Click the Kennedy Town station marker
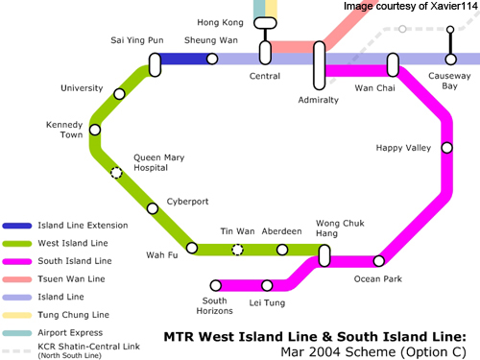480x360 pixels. [95, 130]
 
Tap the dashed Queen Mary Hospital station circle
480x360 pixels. [116, 173]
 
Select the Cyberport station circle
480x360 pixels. [153, 208]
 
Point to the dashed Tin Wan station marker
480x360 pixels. [237, 250]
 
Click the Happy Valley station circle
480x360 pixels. [447, 148]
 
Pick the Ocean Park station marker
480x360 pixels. [379, 261]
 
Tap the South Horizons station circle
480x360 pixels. [216, 285]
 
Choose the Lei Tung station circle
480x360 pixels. [267, 285]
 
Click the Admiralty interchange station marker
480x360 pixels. [320, 65]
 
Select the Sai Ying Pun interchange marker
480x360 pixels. [155, 65]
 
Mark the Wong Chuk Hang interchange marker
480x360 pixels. [324, 255]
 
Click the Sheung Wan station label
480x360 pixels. [211, 40]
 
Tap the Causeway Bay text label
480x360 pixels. [449, 81]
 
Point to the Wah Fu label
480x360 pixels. [162, 255]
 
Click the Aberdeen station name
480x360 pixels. [281, 231]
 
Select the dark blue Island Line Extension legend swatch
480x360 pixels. [17, 226]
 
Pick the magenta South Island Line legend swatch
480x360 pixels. [17, 261]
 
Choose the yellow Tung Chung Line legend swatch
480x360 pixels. [17, 315]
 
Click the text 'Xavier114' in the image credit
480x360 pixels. [454, 6]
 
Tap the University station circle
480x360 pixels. [119, 94]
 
